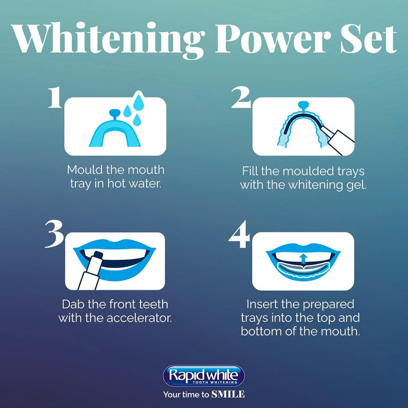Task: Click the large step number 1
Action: click(55, 97)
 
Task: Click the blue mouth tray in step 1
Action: click(110, 132)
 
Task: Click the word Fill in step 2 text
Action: click(250, 170)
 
